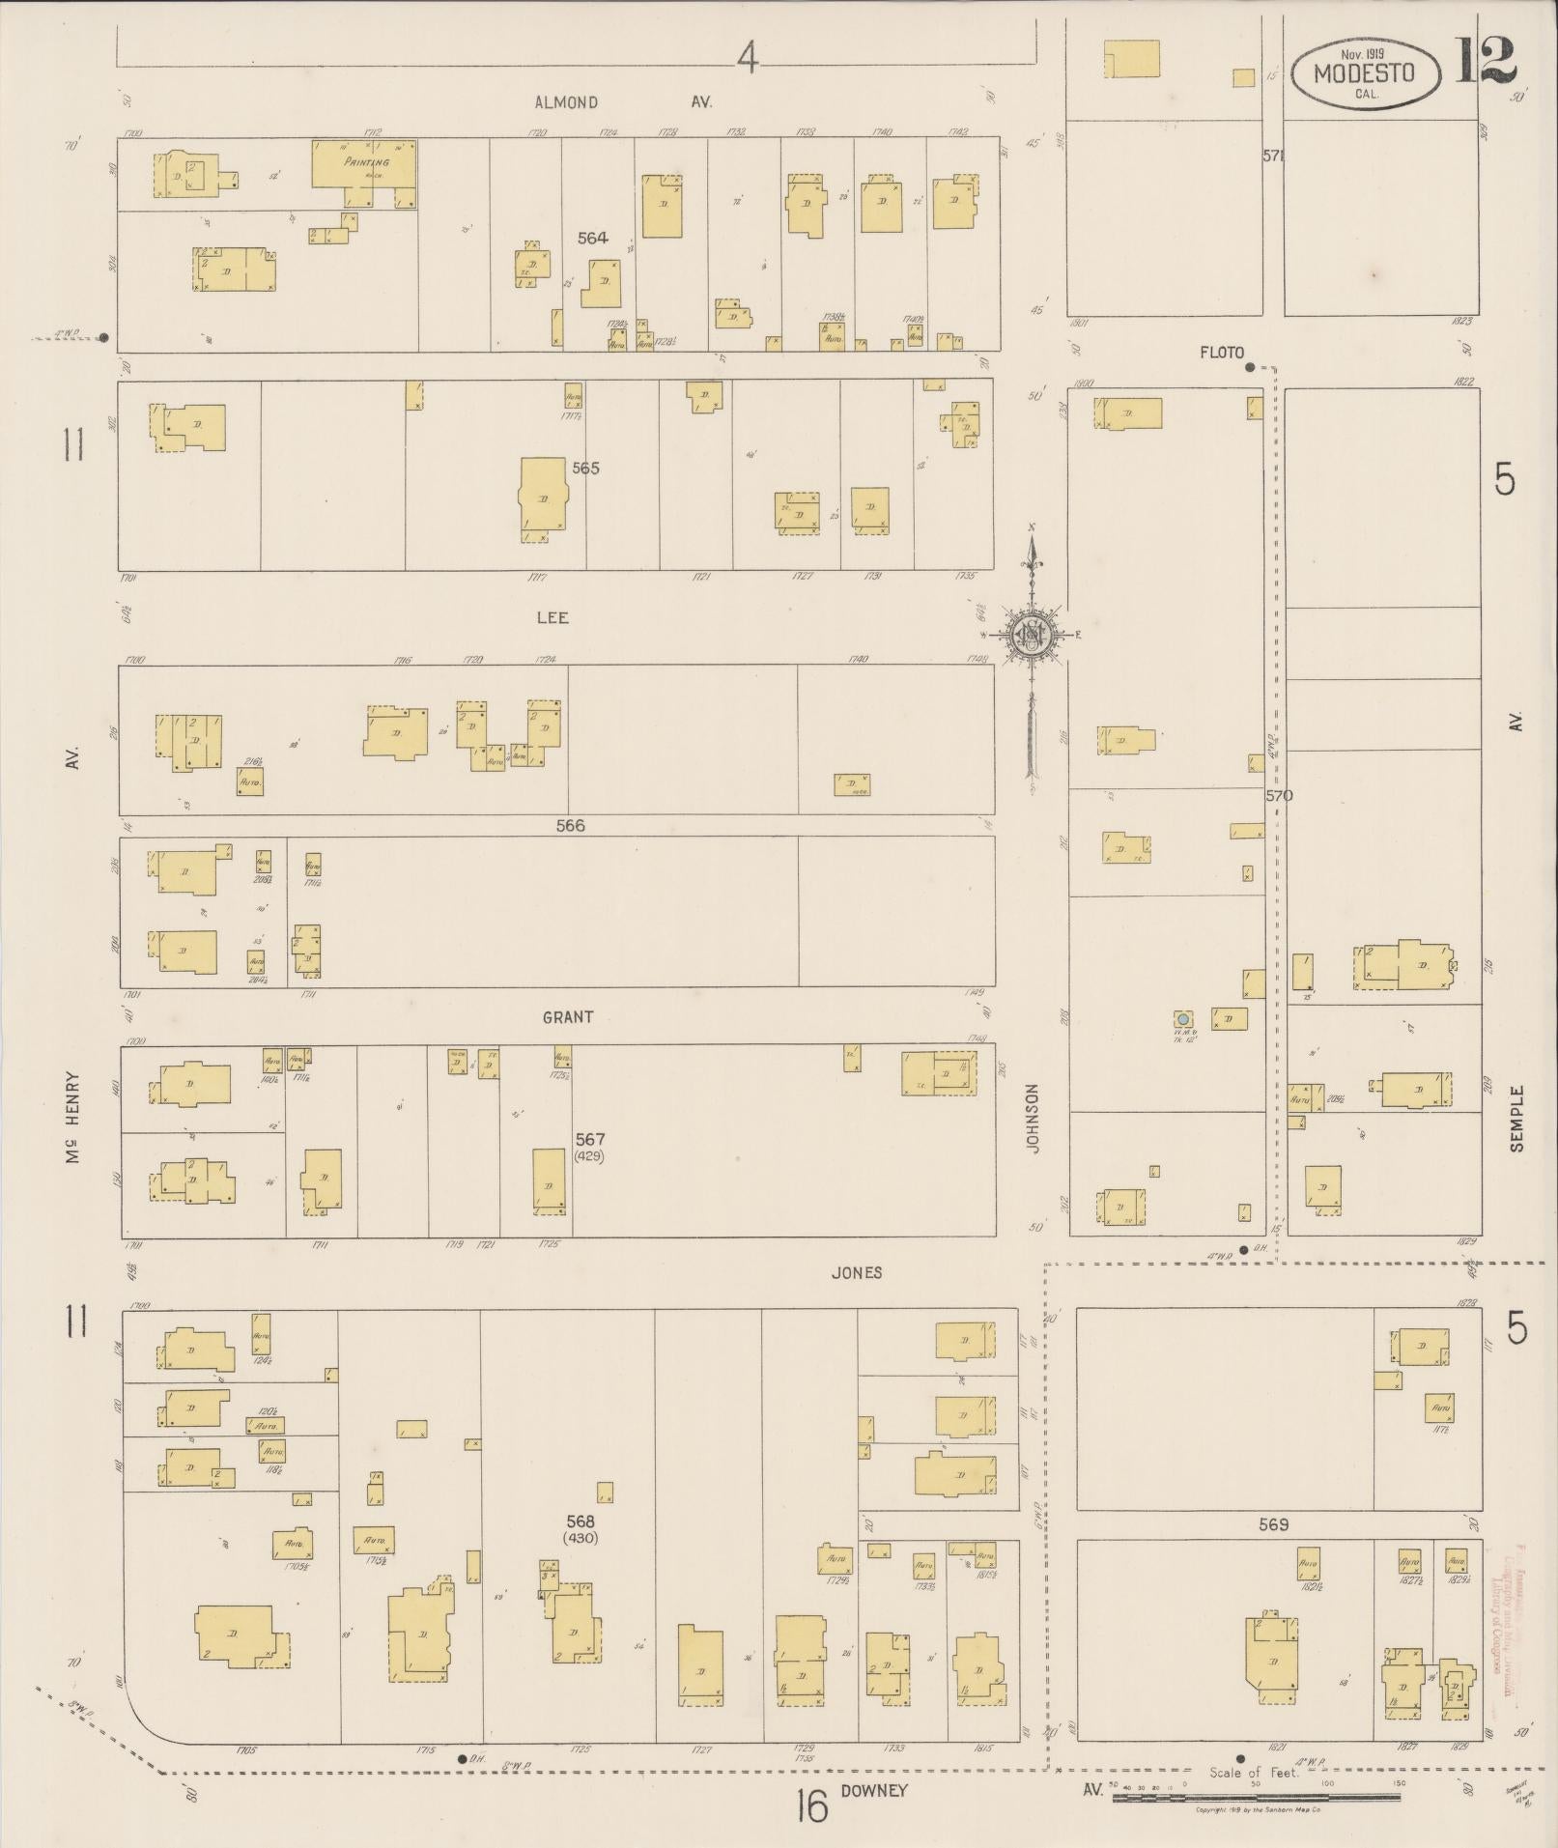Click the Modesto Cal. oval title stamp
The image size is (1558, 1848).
click(1365, 73)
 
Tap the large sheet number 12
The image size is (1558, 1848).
click(1483, 60)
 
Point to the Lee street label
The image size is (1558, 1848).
click(552, 617)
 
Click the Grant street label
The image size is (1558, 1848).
click(567, 1017)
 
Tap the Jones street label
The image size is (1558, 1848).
click(857, 1272)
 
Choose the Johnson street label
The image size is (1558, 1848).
click(1032, 1119)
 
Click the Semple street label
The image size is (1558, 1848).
click(1516, 1118)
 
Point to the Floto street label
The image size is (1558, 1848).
click(1222, 353)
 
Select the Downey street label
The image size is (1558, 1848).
click(874, 1790)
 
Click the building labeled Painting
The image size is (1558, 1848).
click(365, 162)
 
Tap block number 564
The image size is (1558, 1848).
click(592, 238)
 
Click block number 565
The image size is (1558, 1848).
click(585, 468)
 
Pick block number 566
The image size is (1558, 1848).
click(570, 826)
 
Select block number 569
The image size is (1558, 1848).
click(1273, 1525)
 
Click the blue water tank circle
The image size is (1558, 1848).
click(1181, 1018)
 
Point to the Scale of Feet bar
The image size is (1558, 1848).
click(1256, 1797)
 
